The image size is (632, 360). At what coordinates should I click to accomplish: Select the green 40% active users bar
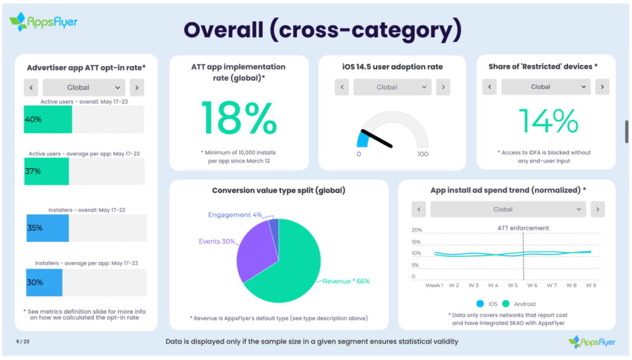point(48,119)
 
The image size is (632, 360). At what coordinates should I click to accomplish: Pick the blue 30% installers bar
point(44,282)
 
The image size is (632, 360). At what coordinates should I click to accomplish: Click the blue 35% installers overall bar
point(48,228)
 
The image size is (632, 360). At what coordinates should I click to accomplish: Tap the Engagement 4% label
point(235,215)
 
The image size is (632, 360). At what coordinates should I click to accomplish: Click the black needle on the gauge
point(376,138)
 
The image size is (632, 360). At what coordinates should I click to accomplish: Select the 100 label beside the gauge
point(423,154)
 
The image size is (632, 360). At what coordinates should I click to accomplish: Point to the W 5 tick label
point(512,285)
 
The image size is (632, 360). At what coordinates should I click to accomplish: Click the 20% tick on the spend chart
point(417,230)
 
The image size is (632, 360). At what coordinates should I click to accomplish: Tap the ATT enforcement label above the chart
point(523,228)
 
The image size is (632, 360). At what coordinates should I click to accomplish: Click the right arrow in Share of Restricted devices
point(602,87)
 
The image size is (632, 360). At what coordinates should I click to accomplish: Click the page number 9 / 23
point(23,341)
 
